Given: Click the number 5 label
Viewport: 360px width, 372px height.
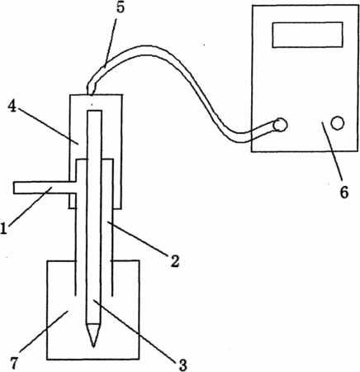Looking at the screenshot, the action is (121, 7).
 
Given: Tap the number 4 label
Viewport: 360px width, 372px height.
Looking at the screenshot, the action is (12, 107).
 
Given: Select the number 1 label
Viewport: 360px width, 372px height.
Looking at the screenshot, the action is (3, 228).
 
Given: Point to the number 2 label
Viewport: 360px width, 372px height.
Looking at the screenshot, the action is (175, 261).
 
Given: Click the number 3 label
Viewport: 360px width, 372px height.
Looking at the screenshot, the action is (182, 365).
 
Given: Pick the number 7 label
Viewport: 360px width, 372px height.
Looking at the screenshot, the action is (14, 363).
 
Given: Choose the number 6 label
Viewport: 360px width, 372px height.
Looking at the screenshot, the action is (343, 192).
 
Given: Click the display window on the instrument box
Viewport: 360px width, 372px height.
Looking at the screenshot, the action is (307, 35).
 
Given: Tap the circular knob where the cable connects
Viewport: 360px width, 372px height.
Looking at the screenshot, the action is (281, 125).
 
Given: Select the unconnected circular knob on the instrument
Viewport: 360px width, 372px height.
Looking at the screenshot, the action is (338, 123).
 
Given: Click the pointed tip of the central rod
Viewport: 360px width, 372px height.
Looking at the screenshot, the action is (93, 346).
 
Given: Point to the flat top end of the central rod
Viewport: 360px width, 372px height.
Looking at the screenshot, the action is (94, 111).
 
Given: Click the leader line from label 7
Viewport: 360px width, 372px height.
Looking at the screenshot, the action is (44, 331).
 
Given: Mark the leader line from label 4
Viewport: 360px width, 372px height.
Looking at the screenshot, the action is (49, 126).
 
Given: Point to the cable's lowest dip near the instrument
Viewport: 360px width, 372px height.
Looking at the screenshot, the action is (239, 138).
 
